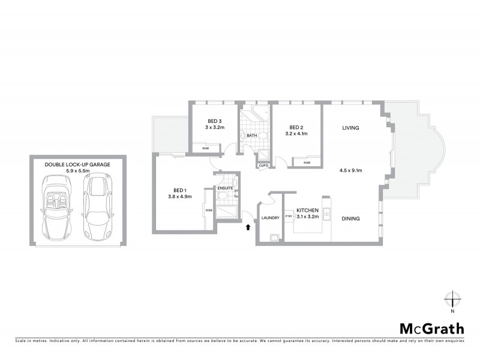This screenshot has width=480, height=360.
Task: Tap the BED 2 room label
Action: [x=296, y=127]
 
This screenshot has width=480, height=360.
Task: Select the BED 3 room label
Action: [x=214, y=121]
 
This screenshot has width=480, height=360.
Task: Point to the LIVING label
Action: [x=350, y=128]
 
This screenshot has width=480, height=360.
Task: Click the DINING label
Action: [x=350, y=218]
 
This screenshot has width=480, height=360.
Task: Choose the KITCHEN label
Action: [x=307, y=210]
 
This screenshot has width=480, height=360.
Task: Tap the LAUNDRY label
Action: [x=271, y=218]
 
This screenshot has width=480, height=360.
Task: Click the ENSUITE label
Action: [x=226, y=188]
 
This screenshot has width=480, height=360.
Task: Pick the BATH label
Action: [x=252, y=136]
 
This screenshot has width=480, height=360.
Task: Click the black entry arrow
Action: [x=248, y=227]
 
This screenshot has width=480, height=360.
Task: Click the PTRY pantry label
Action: [x=289, y=216]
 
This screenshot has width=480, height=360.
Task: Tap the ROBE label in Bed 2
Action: [x=307, y=163]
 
